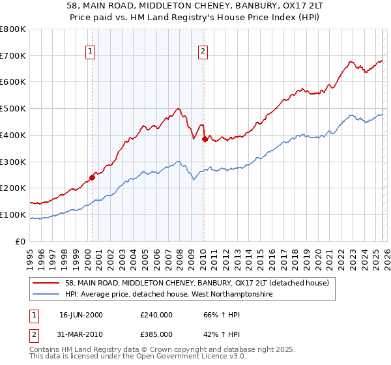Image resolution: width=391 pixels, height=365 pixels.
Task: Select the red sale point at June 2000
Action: pyautogui.click(x=93, y=177)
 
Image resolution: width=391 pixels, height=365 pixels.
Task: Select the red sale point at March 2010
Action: pyautogui.click(x=205, y=139)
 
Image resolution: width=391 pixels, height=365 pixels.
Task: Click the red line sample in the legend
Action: pyautogui.click(x=46, y=283)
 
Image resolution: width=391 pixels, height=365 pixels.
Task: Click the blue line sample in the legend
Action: pyautogui.click(x=46, y=295)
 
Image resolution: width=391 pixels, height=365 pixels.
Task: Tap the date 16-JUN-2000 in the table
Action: pyautogui.click(x=81, y=315)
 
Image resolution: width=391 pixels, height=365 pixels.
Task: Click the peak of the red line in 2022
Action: pyautogui.click(x=351, y=62)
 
